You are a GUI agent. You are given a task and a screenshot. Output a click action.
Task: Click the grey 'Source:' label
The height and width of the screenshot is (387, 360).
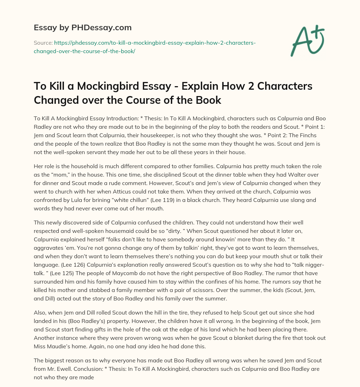43,43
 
